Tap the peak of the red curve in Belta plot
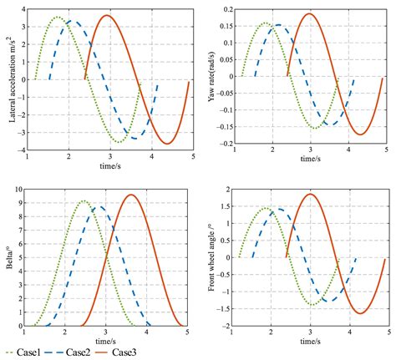[131, 195]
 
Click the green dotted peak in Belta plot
[84, 201]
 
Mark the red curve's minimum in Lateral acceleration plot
[168, 144]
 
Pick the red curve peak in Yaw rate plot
[310, 13]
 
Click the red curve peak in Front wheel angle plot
[310, 194]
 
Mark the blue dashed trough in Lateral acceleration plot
[140, 137]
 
